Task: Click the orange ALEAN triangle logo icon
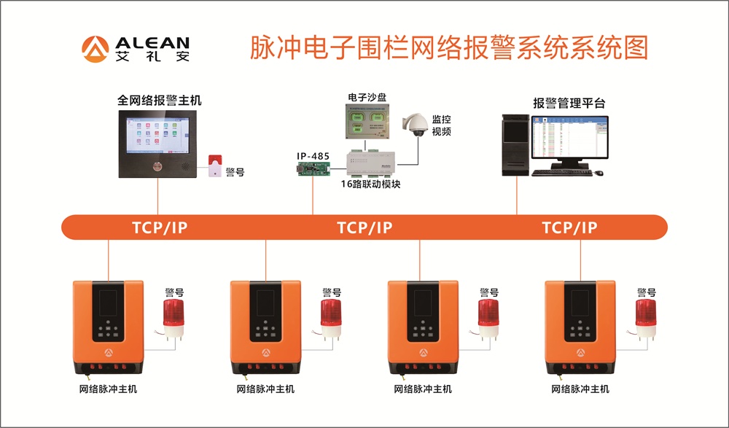click(x=95, y=48)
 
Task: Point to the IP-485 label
click(x=313, y=156)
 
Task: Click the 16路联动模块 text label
click(x=371, y=184)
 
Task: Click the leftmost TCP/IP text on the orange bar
click(x=160, y=227)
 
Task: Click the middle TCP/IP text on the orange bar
click(x=364, y=227)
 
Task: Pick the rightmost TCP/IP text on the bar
click(x=569, y=227)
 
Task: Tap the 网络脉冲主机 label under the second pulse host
click(x=265, y=389)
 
